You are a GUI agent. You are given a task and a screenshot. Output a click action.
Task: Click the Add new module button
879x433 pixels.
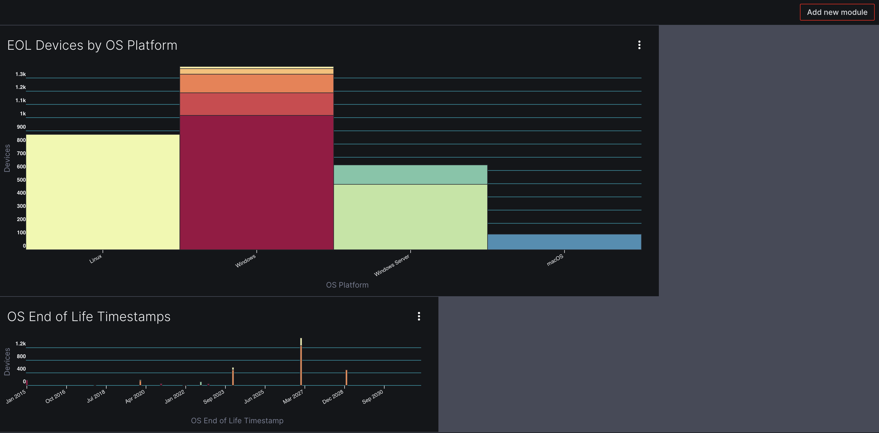pyautogui.click(x=837, y=12)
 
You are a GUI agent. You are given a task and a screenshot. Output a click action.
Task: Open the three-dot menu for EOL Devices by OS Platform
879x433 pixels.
pyautogui.click(x=639, y=45)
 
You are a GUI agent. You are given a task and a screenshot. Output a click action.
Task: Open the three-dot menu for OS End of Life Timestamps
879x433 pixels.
pyautogui.click(x=419, y=316)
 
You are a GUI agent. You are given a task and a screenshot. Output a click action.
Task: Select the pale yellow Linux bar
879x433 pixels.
pyautogui.click(x=103, y=191)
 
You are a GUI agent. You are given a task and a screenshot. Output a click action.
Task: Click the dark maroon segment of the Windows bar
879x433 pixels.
pyautogui.click(x=256, y=181)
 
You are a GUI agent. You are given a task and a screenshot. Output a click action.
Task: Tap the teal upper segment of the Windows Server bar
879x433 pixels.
pyautogui.click(x=410, y=175)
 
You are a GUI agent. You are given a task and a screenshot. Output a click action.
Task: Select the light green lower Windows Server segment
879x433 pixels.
pyautogui.click(x=410, y=217)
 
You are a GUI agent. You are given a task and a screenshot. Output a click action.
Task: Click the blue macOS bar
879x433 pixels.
pyautogui.click(x=564, y=242)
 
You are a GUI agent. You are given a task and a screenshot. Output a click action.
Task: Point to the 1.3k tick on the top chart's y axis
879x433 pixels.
pyautogui.click(x=21, y=74)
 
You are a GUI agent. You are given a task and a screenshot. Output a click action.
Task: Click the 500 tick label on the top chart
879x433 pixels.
pyautogui.click(x=21, y=180)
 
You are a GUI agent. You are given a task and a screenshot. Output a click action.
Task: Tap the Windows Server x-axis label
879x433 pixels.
pyautogui.click(x=392, y=265)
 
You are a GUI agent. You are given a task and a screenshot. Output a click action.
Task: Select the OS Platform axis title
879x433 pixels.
pyautogui.click(x=347, y=285)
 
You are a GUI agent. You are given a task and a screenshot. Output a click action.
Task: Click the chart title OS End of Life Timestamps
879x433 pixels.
pyautogui.click(x=89, y=317)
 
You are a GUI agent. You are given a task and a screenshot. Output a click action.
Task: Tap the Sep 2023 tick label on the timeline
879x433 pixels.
pyautogui.click(x=214, y=397)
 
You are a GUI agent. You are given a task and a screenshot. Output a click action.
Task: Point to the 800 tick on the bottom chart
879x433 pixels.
pyautogui.click(x=21, y=356)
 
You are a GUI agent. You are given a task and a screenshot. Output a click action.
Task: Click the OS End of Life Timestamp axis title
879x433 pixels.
pyautogui.click(x=237, y=421)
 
